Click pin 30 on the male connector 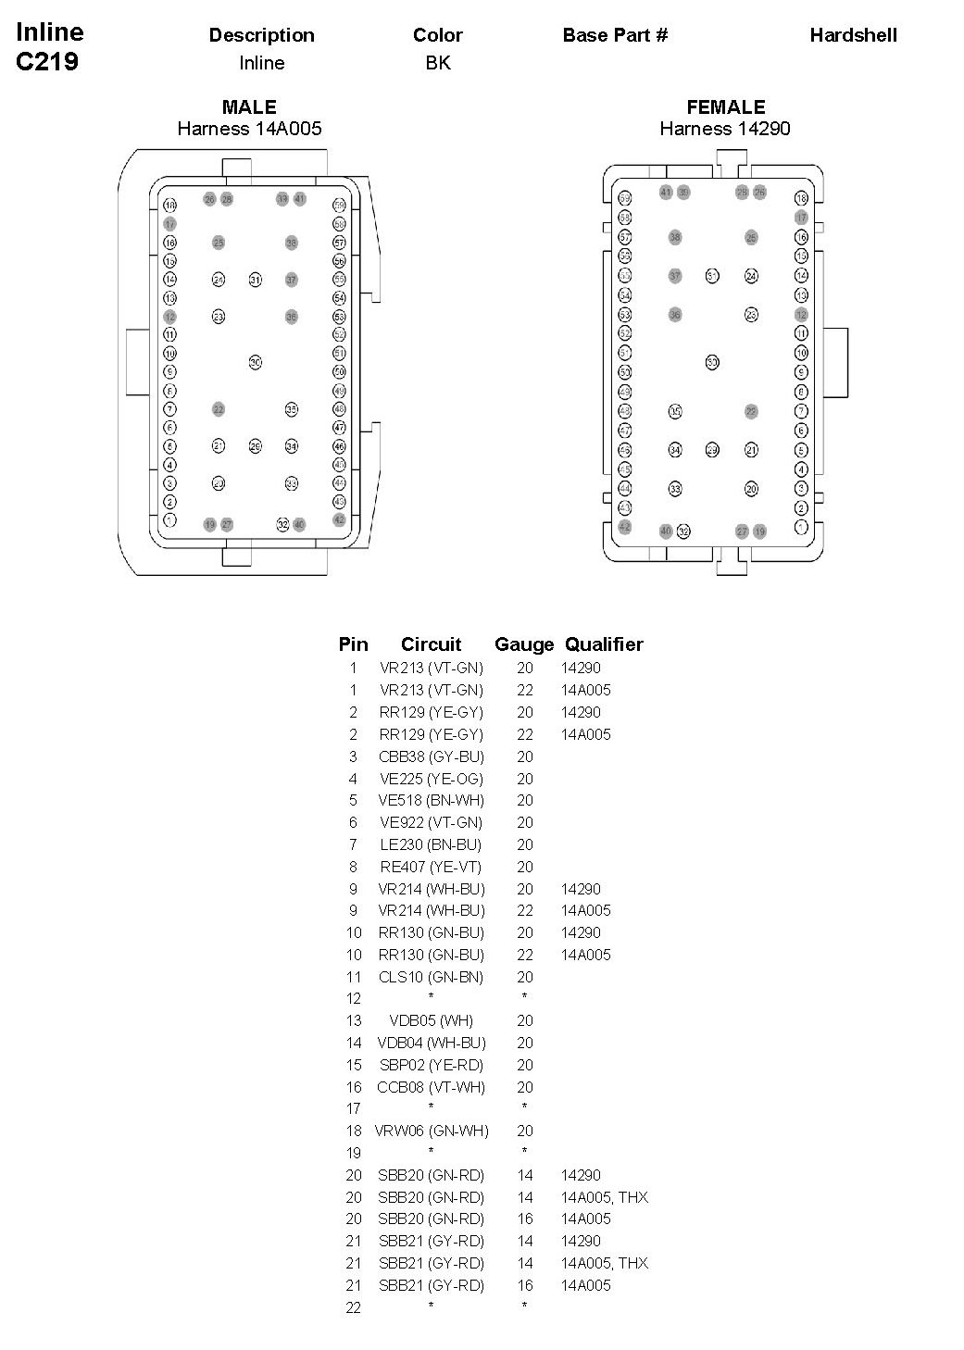coord(255,362)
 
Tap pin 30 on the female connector coord(712,362)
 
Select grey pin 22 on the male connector coord(219,409)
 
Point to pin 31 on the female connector coord(712,276)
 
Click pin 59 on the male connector coord(339,206)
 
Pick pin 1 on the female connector coord(801,526)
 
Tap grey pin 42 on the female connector coord(625,527)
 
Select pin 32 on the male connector coord(282,525)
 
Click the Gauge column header coord(524,644)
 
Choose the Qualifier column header coord(604,644)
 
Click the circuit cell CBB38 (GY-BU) coord(432,756)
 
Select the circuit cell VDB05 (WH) coord(432,1020)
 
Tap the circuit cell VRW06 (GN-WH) coord(432,1131)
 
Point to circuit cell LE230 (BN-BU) coord(432,844)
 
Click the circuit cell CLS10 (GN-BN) coord(432,977)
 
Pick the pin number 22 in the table coord(353,1307)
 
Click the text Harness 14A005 coord(249,129)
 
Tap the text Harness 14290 coord(725,129)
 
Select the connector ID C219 coord(47,63)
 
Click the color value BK coord(438,63)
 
